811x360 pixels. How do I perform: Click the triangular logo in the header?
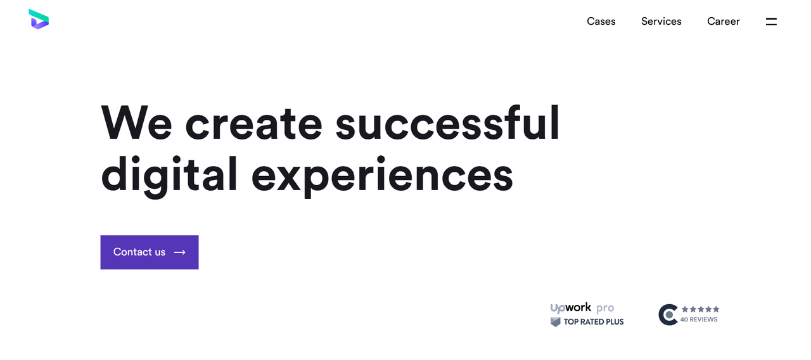39,19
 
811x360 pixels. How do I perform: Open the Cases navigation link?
601,22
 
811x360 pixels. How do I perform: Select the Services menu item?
661,22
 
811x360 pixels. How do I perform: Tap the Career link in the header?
724,22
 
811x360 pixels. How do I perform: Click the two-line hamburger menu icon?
771,22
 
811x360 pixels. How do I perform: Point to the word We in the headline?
136,122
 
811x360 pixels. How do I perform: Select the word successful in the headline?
447,122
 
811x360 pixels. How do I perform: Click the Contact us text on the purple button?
139,252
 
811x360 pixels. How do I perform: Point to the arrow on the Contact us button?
179,252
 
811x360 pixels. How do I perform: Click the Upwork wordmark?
571,308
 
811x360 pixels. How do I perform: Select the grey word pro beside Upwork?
605,309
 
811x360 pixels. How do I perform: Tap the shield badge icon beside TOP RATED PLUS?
556,322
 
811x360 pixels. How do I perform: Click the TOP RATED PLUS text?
594,321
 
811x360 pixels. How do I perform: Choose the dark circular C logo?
668,315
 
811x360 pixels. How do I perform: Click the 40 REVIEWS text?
699,319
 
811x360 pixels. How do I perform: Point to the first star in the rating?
685,309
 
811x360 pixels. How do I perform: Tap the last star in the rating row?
716,309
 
